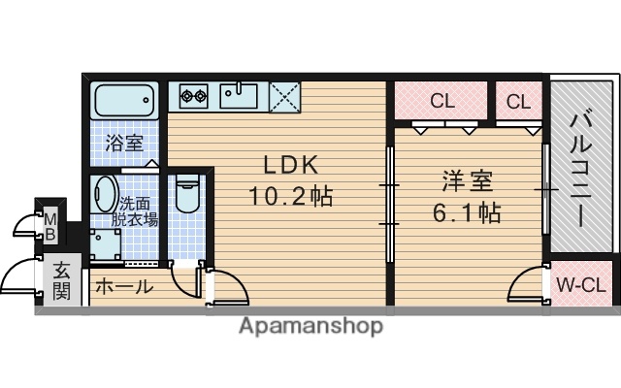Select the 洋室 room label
point(468,180)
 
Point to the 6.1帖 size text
point(468,212)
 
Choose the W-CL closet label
point(580,285)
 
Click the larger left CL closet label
point(441,100)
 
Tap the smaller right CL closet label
point(518,100)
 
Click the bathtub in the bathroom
point(123,100)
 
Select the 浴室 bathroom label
point(124,144)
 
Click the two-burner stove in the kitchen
point(194,95)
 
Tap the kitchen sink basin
point(238,95)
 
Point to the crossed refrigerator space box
point(284,96)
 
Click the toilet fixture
point(188,194)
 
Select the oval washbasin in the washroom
point(105,198)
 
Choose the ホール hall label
point(122,287)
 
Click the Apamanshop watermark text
point(310,326)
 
